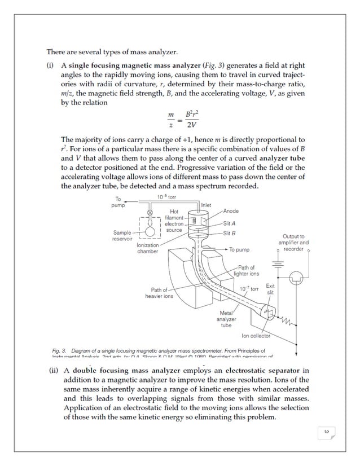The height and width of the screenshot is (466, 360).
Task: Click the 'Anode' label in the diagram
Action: coord(231,211)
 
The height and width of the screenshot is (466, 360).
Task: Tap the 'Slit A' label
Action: coord(230,223)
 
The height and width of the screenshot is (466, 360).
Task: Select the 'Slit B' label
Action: coord(230,232)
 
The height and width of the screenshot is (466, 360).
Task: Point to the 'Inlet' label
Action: coord(206,205)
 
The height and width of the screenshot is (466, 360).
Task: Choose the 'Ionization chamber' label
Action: coord(148,248)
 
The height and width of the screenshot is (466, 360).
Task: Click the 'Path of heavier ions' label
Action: coord(159,293)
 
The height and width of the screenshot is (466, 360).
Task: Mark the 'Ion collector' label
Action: coord(256,336)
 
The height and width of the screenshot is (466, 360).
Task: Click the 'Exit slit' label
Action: coord(270,289)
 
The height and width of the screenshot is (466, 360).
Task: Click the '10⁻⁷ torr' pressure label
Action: coord(248,289)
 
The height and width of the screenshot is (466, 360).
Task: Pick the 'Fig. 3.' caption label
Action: coord(59,350)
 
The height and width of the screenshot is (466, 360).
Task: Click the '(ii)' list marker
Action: coord(54,371)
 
